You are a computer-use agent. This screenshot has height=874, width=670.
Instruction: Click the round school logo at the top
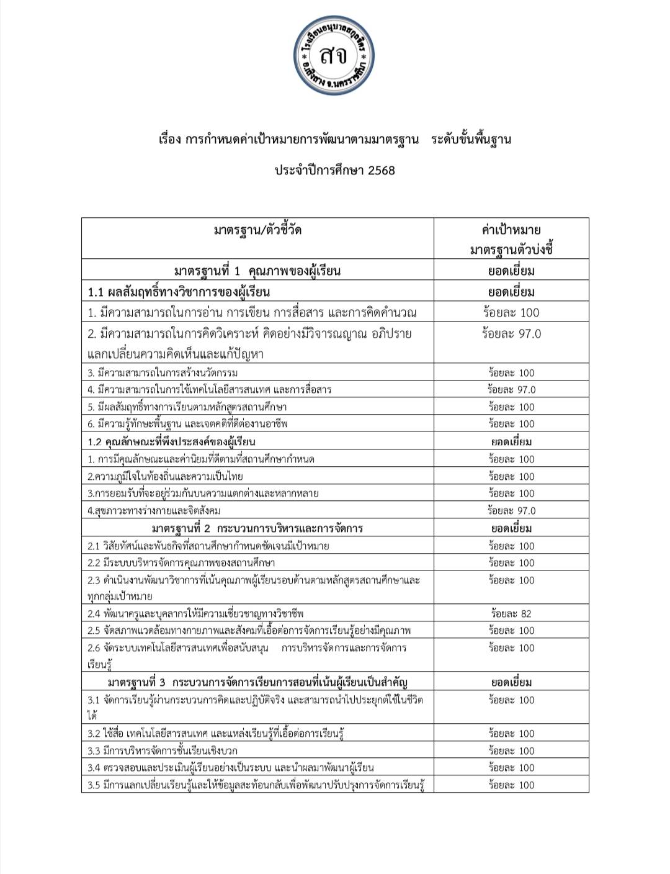[334, 56]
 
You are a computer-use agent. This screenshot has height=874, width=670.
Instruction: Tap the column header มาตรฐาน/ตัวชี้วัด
[257, 230]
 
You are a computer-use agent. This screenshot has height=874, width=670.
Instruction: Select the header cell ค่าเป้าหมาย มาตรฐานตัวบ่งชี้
[511, 239]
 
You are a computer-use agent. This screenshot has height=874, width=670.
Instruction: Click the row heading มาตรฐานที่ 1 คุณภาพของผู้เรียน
[257, 271]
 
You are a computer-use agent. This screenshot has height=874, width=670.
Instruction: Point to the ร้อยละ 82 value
[511, 614]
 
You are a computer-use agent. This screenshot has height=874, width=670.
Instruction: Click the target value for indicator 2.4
[511, 614]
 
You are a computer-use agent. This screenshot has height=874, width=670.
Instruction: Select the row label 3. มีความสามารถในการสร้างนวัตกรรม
[163, 373]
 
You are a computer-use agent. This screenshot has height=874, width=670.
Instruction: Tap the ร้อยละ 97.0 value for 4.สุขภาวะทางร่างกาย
[511, 511]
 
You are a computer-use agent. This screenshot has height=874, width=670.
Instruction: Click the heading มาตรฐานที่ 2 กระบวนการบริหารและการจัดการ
[257, 529]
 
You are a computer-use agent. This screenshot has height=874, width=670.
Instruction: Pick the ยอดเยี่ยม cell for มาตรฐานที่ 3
[511, 683]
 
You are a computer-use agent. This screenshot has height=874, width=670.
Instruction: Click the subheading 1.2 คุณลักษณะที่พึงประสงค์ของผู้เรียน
[171, 442]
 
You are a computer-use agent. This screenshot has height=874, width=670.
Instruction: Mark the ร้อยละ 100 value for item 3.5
[511, 785]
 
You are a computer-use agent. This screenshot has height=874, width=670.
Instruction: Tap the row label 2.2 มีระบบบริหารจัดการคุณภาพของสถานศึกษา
[181, 563]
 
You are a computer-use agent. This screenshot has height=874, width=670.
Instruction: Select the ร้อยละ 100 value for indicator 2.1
[511, 546]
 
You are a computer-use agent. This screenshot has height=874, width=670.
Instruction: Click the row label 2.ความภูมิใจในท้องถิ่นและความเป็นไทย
[165, 477]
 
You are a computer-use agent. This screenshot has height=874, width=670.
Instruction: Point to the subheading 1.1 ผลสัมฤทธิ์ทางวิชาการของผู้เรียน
[179, 292]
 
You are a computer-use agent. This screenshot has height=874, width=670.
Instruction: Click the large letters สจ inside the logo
[334, 56]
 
